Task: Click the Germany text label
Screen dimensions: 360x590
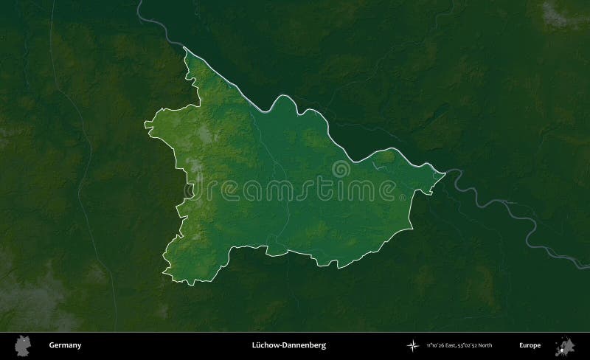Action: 66,345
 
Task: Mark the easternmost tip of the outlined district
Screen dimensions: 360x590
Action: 445,174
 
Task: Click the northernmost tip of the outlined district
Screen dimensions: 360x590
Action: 184,47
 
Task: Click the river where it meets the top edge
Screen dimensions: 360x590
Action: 140,2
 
